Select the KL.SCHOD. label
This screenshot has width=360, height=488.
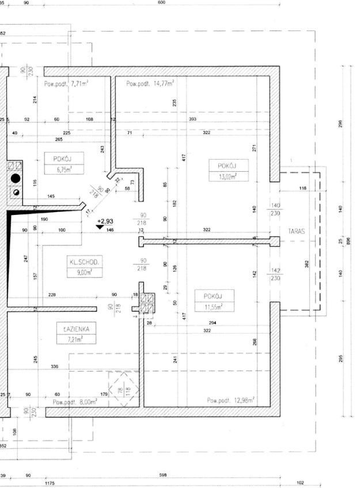tap(84, 262)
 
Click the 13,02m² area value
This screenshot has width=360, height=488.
tap(229, 177)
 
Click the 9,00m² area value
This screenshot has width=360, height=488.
tap(84, 273)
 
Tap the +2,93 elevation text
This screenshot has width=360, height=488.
tap(105, 221)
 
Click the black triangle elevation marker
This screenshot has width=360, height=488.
tap(100, 228)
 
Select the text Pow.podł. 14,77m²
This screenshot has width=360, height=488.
tap(150, 84)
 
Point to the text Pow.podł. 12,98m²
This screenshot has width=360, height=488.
tap(230, 400)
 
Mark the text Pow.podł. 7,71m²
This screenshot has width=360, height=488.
tap(66, 84)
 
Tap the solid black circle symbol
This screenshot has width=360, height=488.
tap(16, 178)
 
